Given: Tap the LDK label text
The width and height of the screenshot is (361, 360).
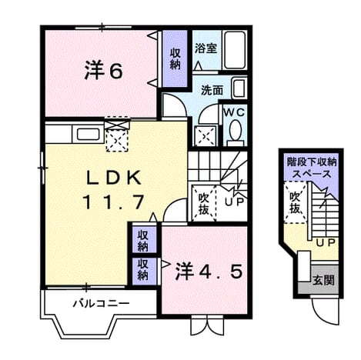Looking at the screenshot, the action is [x=114, y=178].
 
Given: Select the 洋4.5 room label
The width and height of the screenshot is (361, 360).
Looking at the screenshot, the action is [x=209, y=272].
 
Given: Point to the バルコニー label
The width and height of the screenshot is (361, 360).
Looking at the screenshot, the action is [x=101, y=304].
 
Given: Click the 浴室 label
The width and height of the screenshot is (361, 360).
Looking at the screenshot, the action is [x=206, y=48].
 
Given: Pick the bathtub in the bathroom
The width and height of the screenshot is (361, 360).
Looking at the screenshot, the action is [x=235, y=50].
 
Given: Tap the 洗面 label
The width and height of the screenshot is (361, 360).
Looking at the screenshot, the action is [x=212, y=90].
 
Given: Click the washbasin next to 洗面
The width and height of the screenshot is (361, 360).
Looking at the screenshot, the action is [x=239, y=88].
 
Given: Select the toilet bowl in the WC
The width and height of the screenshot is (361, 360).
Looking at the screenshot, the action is [x=236, y=131].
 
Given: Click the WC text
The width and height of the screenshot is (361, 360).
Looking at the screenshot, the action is [x=235, y=112].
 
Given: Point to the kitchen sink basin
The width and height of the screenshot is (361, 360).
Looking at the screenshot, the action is [x=88, y=134].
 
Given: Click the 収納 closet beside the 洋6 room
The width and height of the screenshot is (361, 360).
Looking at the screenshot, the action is [x=175, y=58].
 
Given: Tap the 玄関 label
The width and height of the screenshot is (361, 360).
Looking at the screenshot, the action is [x=323, y=281].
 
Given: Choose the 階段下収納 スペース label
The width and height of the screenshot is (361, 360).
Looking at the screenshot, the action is [x=312, y=168].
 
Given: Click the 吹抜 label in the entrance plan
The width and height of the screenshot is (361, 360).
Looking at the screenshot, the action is [x=296, y=203].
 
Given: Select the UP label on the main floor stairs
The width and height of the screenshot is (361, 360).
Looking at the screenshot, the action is [x=234, y=202].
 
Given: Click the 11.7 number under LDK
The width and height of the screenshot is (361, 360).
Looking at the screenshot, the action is [x=113, y=202].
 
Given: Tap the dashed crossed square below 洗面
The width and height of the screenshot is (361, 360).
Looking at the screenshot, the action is [x=206, y=136].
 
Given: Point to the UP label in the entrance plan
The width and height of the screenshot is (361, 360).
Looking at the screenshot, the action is [x=326, y=243].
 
